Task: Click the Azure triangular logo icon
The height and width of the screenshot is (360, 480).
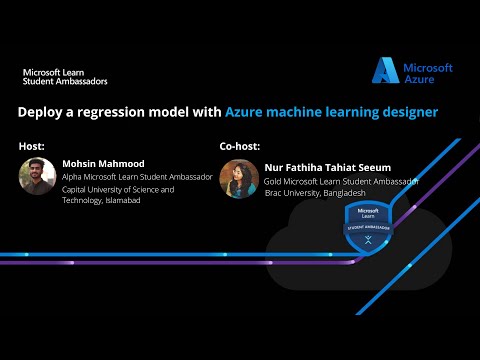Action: click(386, 70)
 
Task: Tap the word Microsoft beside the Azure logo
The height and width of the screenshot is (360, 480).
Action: click(428, 68)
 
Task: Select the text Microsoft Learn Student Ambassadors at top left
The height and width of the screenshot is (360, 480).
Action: click(65, 76)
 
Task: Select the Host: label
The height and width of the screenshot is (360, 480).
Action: click(31, 146)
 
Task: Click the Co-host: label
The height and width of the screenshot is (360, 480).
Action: click(240, 146)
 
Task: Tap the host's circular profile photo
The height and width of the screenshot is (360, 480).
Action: click(37, 176)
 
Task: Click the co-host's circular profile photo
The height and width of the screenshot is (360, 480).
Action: click(238, 176)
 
